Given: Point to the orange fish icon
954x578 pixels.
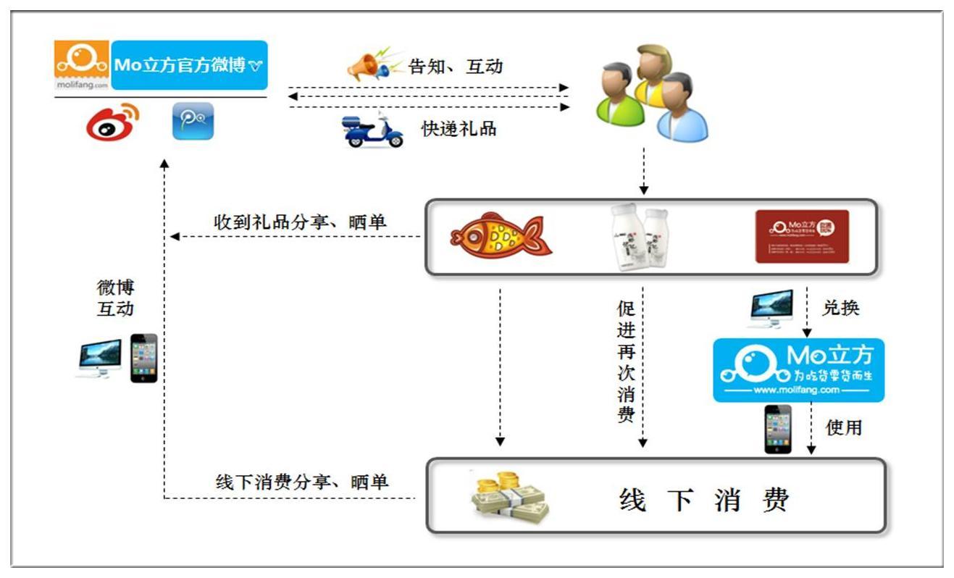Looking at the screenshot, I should coord(501,236).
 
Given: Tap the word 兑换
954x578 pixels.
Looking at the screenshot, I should coord(841,307).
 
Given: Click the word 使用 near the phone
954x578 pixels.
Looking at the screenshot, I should coord(844,428).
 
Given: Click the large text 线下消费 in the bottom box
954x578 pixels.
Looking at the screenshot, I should coord(703,500).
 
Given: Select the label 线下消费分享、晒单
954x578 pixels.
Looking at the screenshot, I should coord(302,482).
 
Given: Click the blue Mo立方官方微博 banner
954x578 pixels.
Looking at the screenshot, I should coord(190,64).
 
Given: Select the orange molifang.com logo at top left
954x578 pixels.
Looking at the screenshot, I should coord(82,64).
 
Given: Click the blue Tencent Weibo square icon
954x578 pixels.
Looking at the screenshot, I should coord(193,121).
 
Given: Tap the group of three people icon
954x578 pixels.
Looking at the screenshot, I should coord(650,92).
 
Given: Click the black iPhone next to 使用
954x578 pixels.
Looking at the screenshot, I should coord(778,429).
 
